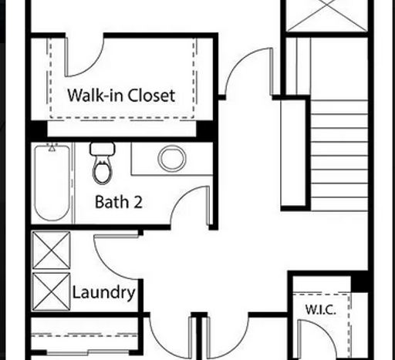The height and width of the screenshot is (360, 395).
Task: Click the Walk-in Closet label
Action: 121,96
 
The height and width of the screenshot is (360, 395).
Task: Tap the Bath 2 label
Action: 119,202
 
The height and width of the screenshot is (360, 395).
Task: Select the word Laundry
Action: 104,293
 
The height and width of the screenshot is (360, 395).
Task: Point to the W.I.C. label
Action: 321,310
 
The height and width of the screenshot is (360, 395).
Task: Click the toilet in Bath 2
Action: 103,163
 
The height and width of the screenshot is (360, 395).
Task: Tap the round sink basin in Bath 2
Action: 172,158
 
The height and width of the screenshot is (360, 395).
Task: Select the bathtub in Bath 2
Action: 52,183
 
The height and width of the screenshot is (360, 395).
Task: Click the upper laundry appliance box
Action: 52,250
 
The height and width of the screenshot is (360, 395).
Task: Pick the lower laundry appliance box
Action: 52,291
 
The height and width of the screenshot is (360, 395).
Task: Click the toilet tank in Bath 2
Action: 103,149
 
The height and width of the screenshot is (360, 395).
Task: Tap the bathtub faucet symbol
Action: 52,148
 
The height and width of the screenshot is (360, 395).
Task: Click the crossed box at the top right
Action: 327,15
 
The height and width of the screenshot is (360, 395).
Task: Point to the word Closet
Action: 151,96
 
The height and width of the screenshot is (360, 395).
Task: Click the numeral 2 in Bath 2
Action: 138,202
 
